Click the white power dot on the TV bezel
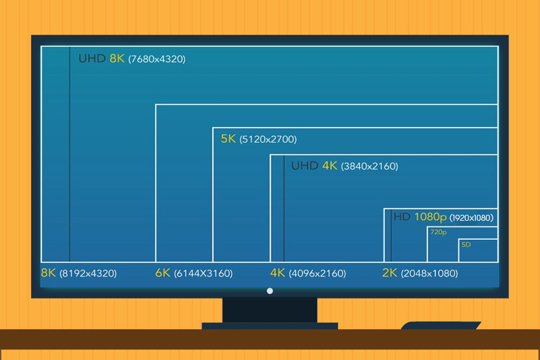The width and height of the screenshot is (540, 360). [270, 291]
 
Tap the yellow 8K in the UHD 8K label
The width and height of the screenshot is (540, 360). [117, 59]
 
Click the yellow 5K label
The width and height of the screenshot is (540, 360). [229, 139]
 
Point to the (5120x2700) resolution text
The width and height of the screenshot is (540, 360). [268, 140]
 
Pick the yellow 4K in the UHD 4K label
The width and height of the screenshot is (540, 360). [330, 166]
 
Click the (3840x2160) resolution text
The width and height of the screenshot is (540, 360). [370, 166]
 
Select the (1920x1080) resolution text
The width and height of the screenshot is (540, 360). [471, 218]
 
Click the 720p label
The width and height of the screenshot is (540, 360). [439, 232]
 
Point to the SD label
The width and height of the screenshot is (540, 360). [466, 245]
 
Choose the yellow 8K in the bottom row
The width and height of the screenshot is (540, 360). [48, 273]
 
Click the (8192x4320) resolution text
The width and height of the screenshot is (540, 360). [88, 274]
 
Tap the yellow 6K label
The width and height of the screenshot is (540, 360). [163, 273]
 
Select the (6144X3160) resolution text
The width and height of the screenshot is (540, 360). [203, 274]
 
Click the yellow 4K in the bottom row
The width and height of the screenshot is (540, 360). [277, 273]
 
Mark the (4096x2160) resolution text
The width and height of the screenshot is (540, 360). [317, 274]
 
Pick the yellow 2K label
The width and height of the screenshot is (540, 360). [390, 273]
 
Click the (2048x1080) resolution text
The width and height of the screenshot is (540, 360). [430, 274]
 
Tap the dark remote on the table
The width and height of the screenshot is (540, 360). [441, 326]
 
